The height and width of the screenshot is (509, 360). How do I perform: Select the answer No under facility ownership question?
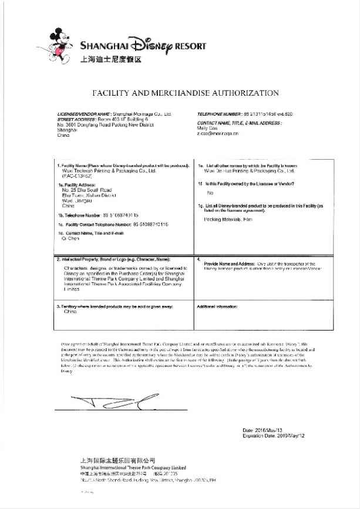coord(210,193)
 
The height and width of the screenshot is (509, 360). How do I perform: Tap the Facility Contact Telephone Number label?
coord(89,224)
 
